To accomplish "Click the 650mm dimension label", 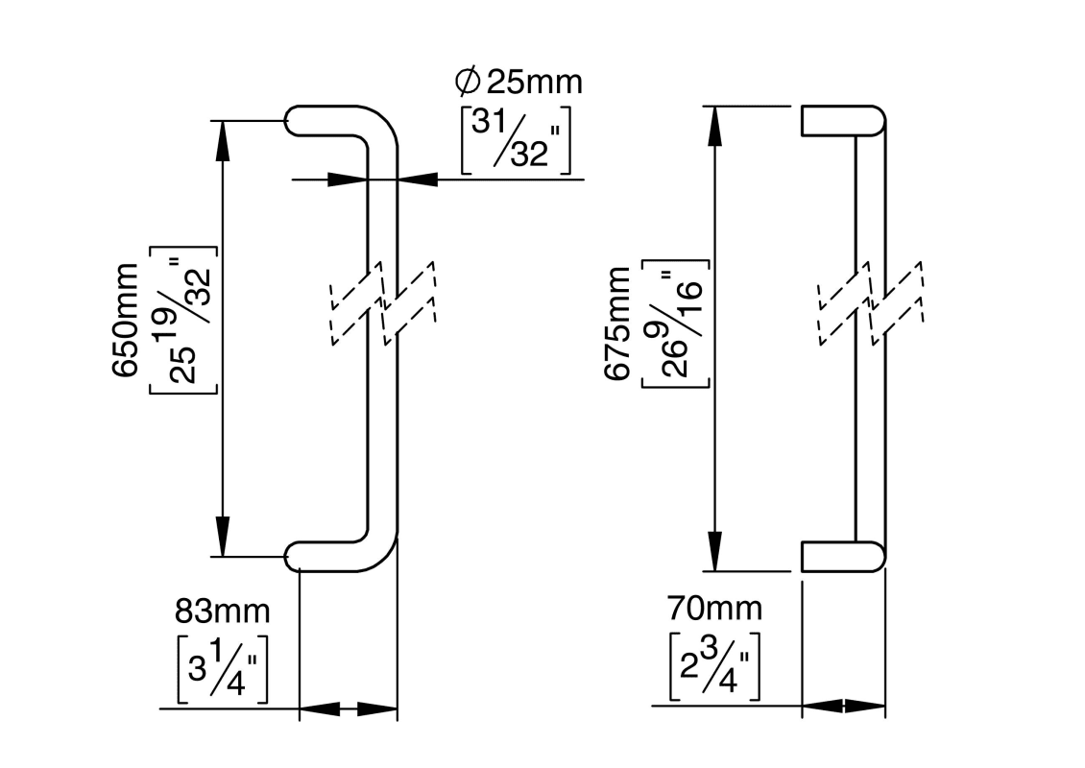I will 128,321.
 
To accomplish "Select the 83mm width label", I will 222,611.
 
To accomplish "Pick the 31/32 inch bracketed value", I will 516,140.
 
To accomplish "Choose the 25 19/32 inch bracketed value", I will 184,321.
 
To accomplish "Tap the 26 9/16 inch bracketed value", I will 675,324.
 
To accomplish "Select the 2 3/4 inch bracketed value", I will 714,664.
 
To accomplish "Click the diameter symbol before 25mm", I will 468,83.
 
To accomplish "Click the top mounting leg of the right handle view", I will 840,120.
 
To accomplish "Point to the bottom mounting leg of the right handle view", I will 840,557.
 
